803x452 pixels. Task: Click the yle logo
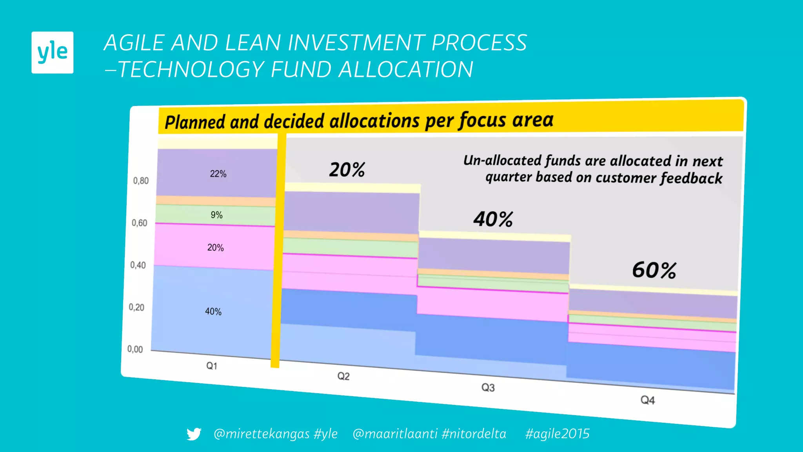52,52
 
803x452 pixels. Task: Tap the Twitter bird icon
194,434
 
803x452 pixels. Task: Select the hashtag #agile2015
557,434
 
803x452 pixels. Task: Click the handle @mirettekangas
262,434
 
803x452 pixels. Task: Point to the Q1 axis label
212,366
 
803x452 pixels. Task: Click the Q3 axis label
488,388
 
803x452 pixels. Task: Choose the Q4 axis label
648,400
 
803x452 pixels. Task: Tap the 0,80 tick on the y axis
141,181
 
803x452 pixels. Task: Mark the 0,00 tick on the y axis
135,349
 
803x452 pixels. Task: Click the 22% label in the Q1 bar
218,174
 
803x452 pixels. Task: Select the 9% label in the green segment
216,215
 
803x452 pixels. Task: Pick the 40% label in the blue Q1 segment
213,312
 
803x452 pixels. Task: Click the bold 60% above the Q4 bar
654,270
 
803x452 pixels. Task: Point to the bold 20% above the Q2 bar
347,169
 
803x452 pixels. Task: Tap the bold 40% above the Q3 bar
493,219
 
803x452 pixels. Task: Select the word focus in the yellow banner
483,120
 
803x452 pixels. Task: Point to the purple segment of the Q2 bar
351,212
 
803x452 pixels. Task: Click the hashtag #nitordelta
474,434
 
